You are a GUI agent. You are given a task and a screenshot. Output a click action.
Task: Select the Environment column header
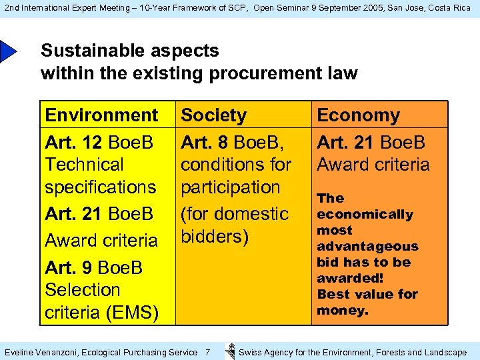coord(101,115)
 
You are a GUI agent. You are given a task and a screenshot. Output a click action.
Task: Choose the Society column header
coord(213,115)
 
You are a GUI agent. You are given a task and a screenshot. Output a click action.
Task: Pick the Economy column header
coord(358,115)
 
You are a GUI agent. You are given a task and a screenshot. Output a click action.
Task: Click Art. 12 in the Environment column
coord(72,143)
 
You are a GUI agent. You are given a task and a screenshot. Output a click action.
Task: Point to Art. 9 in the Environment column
coord(68,268)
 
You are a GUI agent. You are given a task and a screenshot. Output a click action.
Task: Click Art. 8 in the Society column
coord(203,143)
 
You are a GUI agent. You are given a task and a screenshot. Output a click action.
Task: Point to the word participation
coord(231,187)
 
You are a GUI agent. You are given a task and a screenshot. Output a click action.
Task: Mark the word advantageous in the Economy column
coord(367,247)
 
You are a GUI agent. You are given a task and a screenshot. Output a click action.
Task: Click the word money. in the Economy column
coord(343,311)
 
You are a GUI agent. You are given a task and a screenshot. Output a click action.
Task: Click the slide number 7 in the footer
coord(207,352)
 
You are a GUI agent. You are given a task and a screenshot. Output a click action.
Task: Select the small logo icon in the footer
coord(230,351)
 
